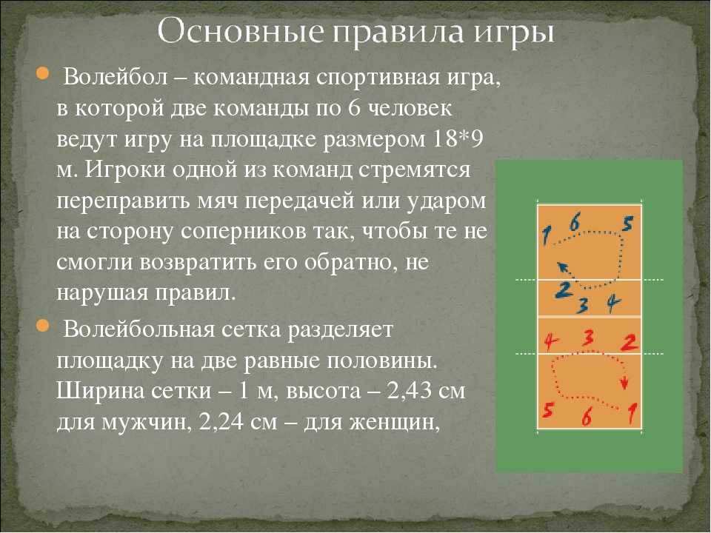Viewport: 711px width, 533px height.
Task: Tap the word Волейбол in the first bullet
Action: [x=116, y=78]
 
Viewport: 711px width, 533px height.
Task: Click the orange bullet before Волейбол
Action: [x=41, y=73]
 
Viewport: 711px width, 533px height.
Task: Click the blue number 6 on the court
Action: [x=575, y=223]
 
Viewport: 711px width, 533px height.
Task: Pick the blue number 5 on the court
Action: [x=627, y=224]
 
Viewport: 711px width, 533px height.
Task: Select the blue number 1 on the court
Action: [x=547, y=235]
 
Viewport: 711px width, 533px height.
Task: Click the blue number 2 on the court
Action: [x=564, y=290]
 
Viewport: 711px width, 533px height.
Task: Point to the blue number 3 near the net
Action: [x=583, y=306]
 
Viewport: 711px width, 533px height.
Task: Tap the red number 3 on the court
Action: [x=588, y=338]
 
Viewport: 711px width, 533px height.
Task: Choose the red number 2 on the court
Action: [x=630, y=342]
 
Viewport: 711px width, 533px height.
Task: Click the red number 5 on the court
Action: [x=548, y=410]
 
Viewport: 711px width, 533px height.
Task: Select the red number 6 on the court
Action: [x=587, y=417]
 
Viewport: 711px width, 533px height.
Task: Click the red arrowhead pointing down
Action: [x=624, y=384]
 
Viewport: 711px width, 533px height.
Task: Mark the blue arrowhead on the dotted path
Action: [x=562, y=267]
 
